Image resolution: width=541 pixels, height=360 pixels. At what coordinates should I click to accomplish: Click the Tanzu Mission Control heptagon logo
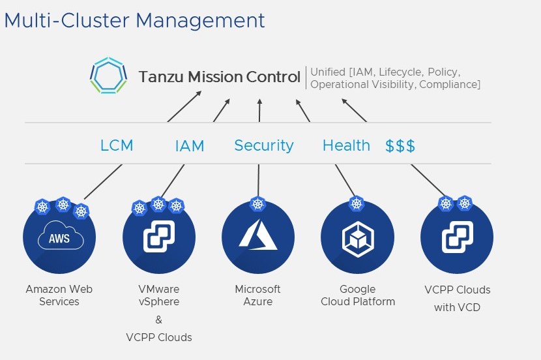(x=108, y=76)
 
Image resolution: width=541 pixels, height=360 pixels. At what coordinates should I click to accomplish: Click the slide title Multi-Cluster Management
(x=134, y=20)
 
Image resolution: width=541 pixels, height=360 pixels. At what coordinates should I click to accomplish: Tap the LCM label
(x=117, y=145)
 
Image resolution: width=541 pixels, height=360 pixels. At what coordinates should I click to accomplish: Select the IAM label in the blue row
(x=190, y=146)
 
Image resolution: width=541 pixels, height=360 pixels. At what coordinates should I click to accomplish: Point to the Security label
(x=263, y=145)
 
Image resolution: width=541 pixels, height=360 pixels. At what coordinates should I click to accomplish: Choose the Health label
(x=346, y=145)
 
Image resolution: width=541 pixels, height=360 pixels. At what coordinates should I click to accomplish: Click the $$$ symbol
(x=400, y=145)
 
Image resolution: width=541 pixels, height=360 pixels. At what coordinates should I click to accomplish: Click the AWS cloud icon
(x=59, y=237)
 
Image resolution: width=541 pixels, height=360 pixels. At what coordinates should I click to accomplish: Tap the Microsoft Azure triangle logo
(x=258, y=235)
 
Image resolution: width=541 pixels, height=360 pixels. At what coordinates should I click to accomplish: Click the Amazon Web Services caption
(x=59, y=295)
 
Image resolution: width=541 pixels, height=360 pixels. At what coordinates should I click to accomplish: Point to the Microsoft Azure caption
(x=258, y=295)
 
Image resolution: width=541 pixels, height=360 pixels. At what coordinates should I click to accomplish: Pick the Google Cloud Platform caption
(x=358, y=295)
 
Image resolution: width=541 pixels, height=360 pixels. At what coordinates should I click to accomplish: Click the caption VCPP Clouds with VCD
(x=457, y=298)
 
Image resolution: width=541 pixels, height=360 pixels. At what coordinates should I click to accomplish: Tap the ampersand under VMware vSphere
(x=158, y=320)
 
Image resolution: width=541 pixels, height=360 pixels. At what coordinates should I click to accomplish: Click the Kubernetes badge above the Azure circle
(x=258, y=204)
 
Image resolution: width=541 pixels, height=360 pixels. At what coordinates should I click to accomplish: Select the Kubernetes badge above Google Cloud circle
(x=357, y=203)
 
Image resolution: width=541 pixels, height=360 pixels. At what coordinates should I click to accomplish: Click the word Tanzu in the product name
(x=162, y=77)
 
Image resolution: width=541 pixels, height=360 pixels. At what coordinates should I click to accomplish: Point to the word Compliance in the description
(x=450, y=84)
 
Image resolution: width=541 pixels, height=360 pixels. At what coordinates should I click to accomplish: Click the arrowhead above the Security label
(x=259, y=101)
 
